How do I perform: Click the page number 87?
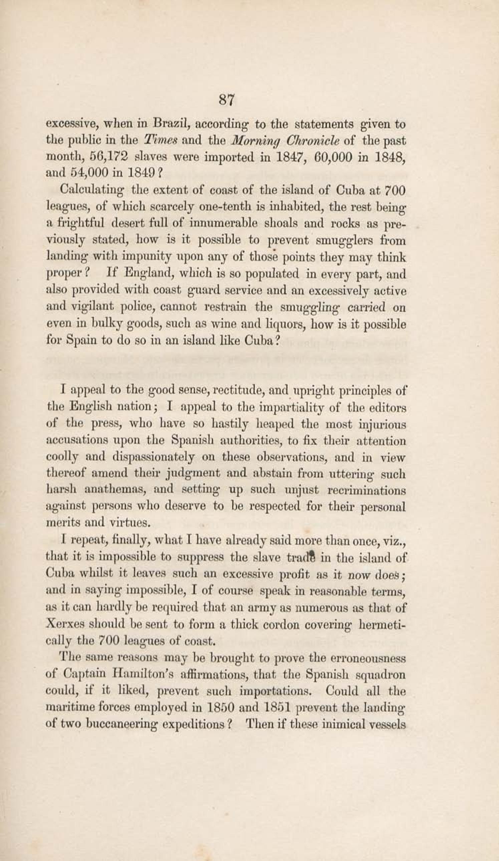226,100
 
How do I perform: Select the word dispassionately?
134,457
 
